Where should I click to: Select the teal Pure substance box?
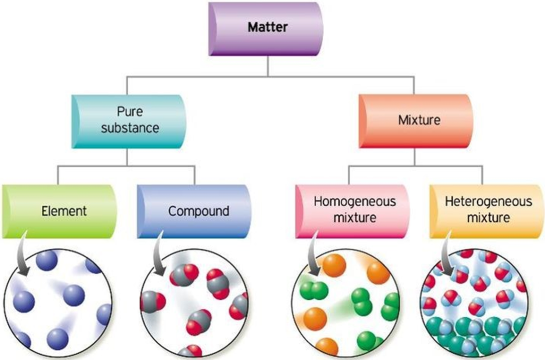click(x=127, y=121)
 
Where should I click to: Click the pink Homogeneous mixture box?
click(x=354, y=209)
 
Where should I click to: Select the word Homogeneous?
click(x=354, y=202)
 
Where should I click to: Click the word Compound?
click(x=199, y=211)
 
